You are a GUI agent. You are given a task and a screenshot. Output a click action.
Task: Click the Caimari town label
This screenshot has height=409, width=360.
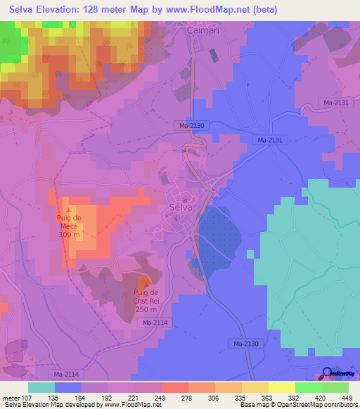click(x=202, y=31)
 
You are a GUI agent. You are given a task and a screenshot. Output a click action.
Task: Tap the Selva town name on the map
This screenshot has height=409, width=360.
click(x=181, y=207)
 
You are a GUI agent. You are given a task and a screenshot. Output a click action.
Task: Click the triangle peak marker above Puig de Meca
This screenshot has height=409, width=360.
click(x=68, y=209)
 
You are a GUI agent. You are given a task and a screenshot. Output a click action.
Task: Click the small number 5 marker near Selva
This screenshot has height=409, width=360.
click(x=212, y=190)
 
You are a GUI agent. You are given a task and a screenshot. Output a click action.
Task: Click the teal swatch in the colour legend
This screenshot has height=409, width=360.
click(x=41, y=387)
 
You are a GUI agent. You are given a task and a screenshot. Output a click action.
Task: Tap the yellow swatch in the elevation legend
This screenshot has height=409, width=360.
click(x=281, y=387)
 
